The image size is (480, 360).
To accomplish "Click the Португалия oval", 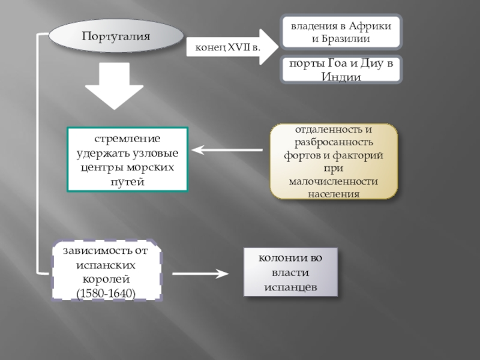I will (x=116, y=37).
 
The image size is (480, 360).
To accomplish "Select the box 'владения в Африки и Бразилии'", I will (x=342, y=32).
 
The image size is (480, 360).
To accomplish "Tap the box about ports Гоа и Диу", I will (x=342, y=70).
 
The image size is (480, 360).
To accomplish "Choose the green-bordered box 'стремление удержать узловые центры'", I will (x=127, y=159).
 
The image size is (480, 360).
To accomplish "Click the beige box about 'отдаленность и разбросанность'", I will (x=334, y=161).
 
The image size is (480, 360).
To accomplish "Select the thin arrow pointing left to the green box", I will (x=228, y=150).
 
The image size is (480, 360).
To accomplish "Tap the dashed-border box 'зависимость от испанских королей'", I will (x=107, y=271).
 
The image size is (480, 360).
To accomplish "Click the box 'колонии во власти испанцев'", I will (x=290, y=273).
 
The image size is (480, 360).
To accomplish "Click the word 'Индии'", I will (x=341, y=77).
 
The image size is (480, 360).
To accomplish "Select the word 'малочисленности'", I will (x=334, y=181).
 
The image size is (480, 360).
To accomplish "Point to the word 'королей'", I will (x=106, y=280).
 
